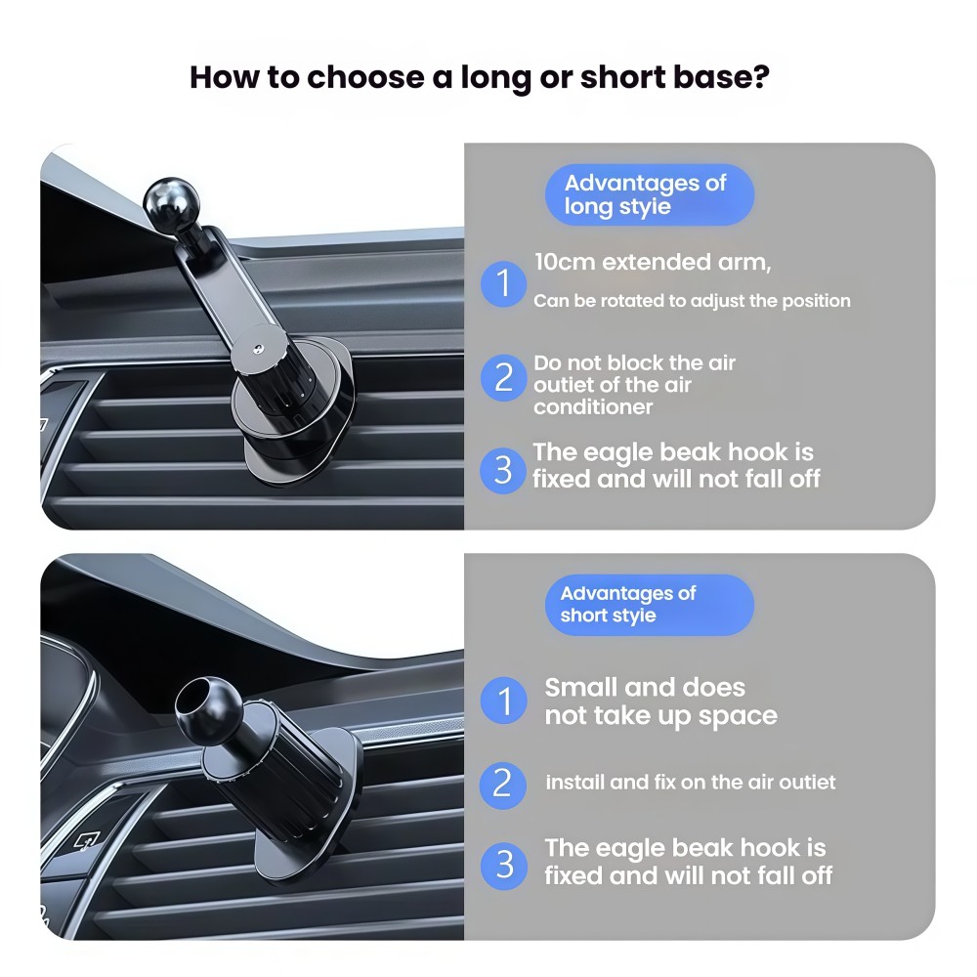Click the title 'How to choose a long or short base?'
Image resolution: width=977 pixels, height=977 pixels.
click(479, 77)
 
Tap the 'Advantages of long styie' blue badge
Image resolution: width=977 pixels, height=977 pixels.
click(650, 194)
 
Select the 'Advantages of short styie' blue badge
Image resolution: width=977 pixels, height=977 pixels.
click(650, 605)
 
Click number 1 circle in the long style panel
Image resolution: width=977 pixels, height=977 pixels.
click(503, 283)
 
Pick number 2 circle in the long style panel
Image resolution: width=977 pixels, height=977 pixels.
click(503, 377)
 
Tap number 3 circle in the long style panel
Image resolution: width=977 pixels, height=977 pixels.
click(503, 471)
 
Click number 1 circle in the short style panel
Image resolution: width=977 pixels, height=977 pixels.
click(503, 701)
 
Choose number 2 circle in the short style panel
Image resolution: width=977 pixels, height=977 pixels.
click(503, 786)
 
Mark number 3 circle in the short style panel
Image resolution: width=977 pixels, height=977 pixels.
click(503, 866)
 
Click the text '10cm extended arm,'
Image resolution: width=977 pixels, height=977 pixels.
click(653, 262)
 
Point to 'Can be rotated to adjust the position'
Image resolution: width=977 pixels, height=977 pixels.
click(692, 300)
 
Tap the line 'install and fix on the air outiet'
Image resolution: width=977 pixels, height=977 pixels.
click(691, 782)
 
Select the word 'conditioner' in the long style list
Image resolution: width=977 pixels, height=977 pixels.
click(593, 406)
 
